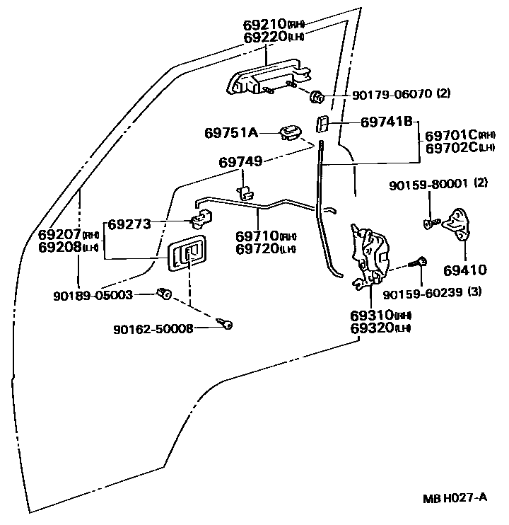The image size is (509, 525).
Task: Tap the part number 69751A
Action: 232,132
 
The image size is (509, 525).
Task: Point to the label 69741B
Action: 386,122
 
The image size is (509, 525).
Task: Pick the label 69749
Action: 240,162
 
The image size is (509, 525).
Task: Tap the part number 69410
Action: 466,270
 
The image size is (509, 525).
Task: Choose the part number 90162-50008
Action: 153,328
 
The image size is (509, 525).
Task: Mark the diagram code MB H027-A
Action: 456,497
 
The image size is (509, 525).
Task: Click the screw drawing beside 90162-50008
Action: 226,325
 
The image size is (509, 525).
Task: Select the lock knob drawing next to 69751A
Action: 291,132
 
